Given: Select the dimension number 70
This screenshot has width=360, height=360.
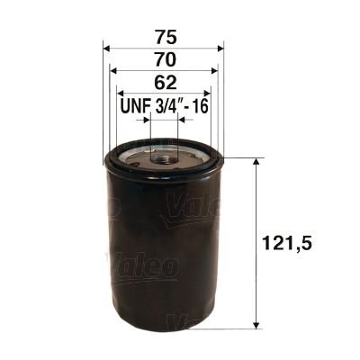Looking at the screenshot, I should pyautogui.click(x=163, y=59).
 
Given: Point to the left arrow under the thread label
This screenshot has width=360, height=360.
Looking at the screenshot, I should pyautogui.click(x=144, y=120).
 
